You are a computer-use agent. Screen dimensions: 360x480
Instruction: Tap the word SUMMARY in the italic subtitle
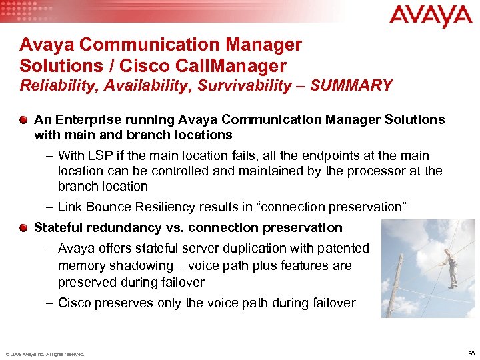351,85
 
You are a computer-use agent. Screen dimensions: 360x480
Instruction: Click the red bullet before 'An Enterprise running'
24,119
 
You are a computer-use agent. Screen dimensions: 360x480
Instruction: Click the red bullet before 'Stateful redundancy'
24,227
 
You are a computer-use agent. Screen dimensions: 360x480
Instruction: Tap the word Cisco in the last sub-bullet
75,303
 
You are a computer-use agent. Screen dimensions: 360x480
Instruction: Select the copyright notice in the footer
45,354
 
